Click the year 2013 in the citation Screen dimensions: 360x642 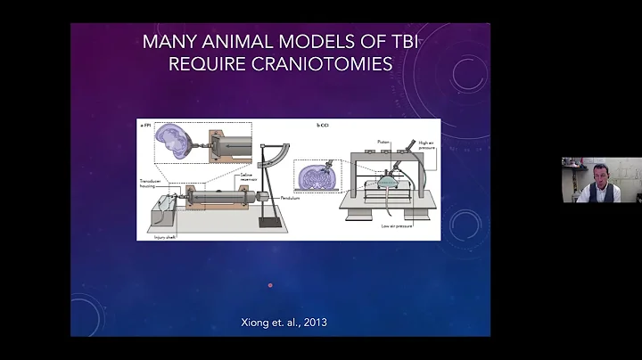click(313, 322)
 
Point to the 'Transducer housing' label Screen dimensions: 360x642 click(150, 182)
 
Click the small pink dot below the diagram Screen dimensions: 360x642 click(270, 286)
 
